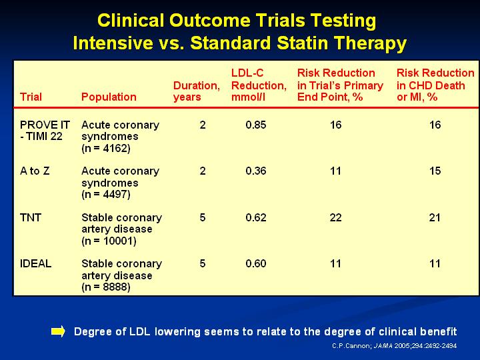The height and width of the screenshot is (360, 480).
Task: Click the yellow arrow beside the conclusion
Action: (58, 331)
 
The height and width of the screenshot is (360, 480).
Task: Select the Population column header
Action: (109, 97)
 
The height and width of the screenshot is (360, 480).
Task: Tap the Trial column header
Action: (31, 97)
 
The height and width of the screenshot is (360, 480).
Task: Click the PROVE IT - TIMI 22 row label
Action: (45, 131)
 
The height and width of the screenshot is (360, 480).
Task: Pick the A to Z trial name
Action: (35, 171)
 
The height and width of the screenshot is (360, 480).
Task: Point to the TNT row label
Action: (30, 217)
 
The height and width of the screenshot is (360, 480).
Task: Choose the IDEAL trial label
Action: (35, 263)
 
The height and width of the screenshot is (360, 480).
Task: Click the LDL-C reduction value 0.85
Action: (256, 125)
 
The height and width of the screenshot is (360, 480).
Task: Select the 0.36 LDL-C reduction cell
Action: (256, 171)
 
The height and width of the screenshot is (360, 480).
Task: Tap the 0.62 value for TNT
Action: (256, 217)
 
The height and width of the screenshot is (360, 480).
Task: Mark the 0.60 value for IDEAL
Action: (256, 263)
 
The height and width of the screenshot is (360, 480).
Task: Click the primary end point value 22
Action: (335, 217)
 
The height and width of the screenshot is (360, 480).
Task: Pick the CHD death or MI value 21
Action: (435, 217)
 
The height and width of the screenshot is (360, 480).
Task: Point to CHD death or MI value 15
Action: (435, 171)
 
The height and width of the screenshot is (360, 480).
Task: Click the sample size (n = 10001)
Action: (109, 241)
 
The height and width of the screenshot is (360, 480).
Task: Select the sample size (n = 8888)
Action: (106, 287)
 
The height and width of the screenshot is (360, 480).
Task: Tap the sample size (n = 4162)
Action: (106, 149)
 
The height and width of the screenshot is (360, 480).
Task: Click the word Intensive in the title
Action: (113, 43)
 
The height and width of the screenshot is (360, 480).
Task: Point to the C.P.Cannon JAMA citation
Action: (394, 346)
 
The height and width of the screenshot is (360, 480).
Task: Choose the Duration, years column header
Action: (197, 91)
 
